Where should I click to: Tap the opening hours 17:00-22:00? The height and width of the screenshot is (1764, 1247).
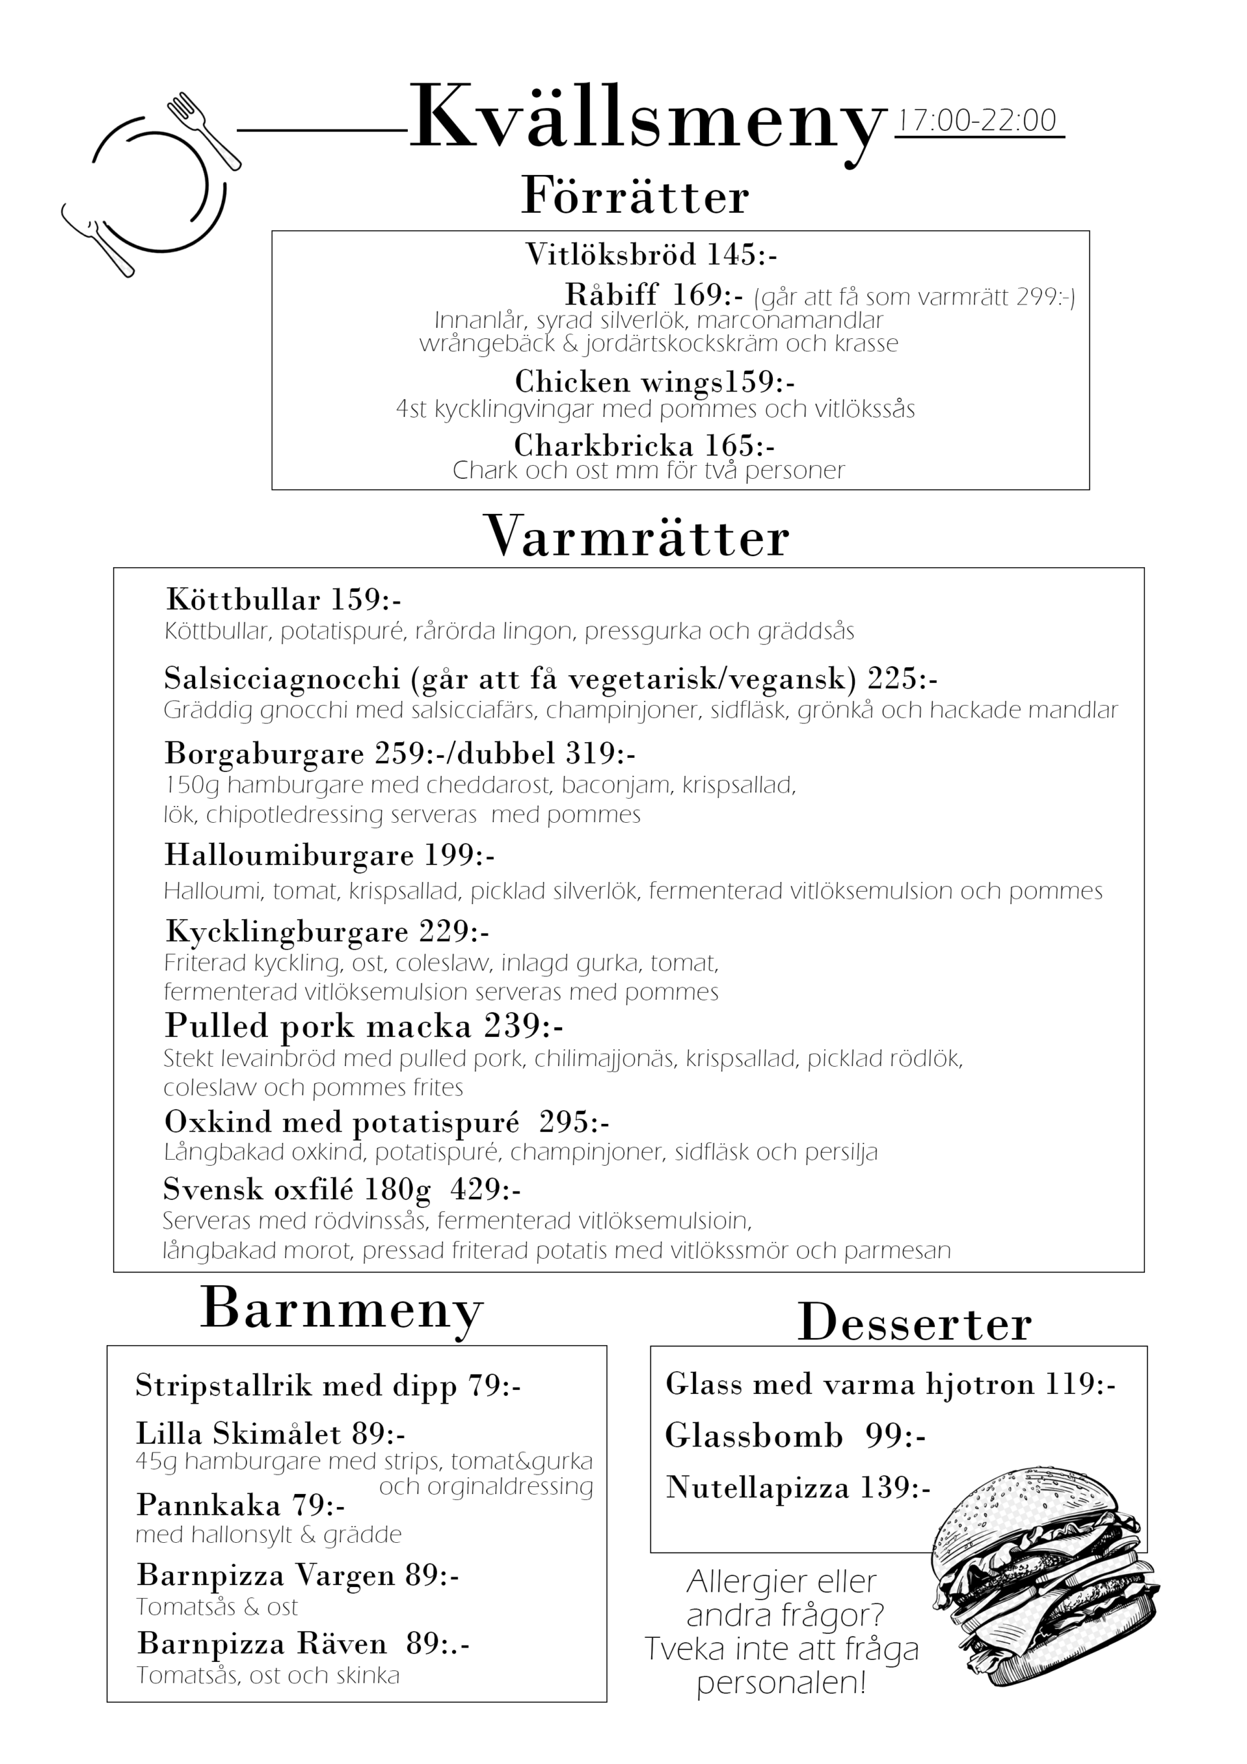pyautogui.click(x=978, y=121)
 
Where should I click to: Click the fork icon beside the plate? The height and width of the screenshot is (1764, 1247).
pyautogui.click(x=204, y=131)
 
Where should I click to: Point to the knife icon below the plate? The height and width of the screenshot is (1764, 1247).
pyautogui.click(x=98, y=239)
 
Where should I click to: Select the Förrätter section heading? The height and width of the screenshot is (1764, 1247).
pyautogui.click(x=635, y=196)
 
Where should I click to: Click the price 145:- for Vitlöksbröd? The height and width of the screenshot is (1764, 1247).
pyautogui.click(x=742, y=254)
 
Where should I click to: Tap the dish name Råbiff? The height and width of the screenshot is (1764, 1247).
pyautogui.click(x=612, y=294)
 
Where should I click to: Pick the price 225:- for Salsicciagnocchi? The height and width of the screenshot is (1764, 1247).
pyautogui.click(x=903, y=679)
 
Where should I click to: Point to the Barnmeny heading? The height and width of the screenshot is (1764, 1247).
pyautogui.click(x=342, y=1309)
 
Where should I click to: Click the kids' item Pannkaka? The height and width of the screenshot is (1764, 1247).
pyautogui.click(x=208, y=1504)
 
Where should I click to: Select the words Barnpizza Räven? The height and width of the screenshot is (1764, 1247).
pyautogui.click(x=262, y=1643)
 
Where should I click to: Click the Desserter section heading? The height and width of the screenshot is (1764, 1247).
pyautogui.click(x=914, y=1324)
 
